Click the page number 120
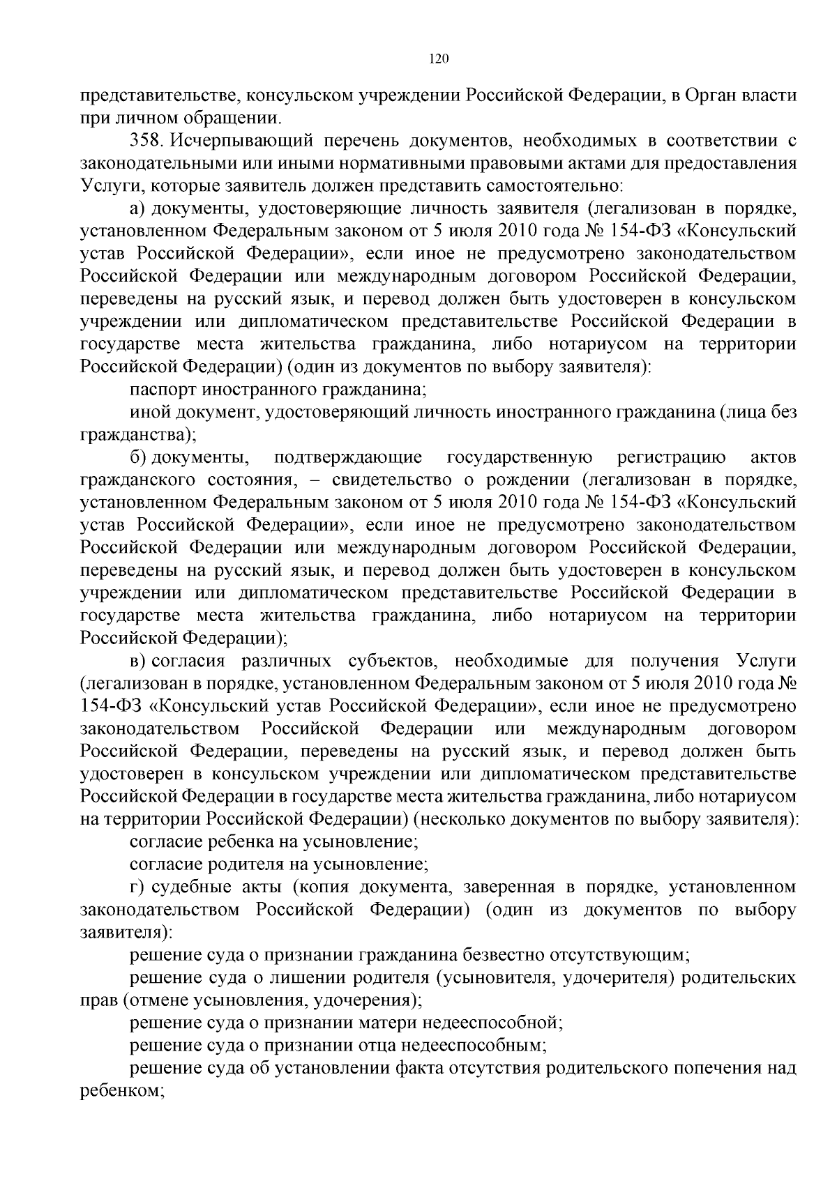click(x=439, y=59)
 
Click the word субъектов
click(x=391, y=661)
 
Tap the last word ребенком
click(x=119, y=1091)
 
